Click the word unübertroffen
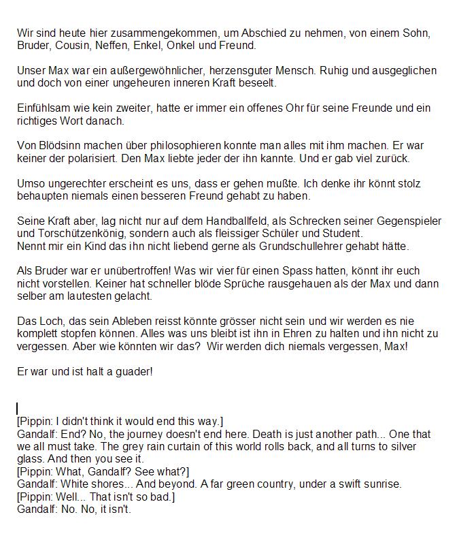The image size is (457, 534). [130, 271]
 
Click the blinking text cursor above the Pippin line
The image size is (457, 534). [18, 409]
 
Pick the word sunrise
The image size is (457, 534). [382, 484]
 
